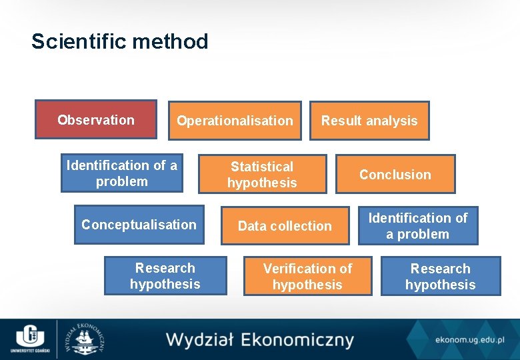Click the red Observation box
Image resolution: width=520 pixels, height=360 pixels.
pyautogui.click(x=96, y=120)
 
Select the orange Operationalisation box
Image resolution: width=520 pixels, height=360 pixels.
pyautogui.click(x=235, y=121)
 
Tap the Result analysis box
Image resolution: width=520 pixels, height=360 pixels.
pyautogui.click(x=369, y=121)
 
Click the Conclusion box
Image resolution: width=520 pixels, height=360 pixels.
pyautogui.click(x=395, y=175)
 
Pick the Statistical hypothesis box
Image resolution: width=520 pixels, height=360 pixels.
pyautogui.click(x=262, y=175)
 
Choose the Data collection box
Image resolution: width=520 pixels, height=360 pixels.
pyautogui.click(x=285, y=226)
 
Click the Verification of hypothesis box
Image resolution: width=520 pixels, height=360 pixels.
pyautogui.click(x=307, y=277)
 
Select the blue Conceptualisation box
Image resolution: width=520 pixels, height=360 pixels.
pyautogui.click(x=139, y=225)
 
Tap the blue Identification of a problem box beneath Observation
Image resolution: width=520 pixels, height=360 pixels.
pyautogui.click(x=122, y=173)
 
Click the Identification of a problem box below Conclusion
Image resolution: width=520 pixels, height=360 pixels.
pyautogui.click(x=418, y=226)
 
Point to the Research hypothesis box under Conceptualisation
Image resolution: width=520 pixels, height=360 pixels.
pyautogui.click(x=165, y=276)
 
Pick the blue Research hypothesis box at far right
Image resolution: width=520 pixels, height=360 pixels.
pyautogui.click(x=440, y=277)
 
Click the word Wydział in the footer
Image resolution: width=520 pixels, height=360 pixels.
pyautogui.click(x=199, y=339)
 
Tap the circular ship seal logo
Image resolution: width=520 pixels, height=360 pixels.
pyautogui.click(x=84, y=339)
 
